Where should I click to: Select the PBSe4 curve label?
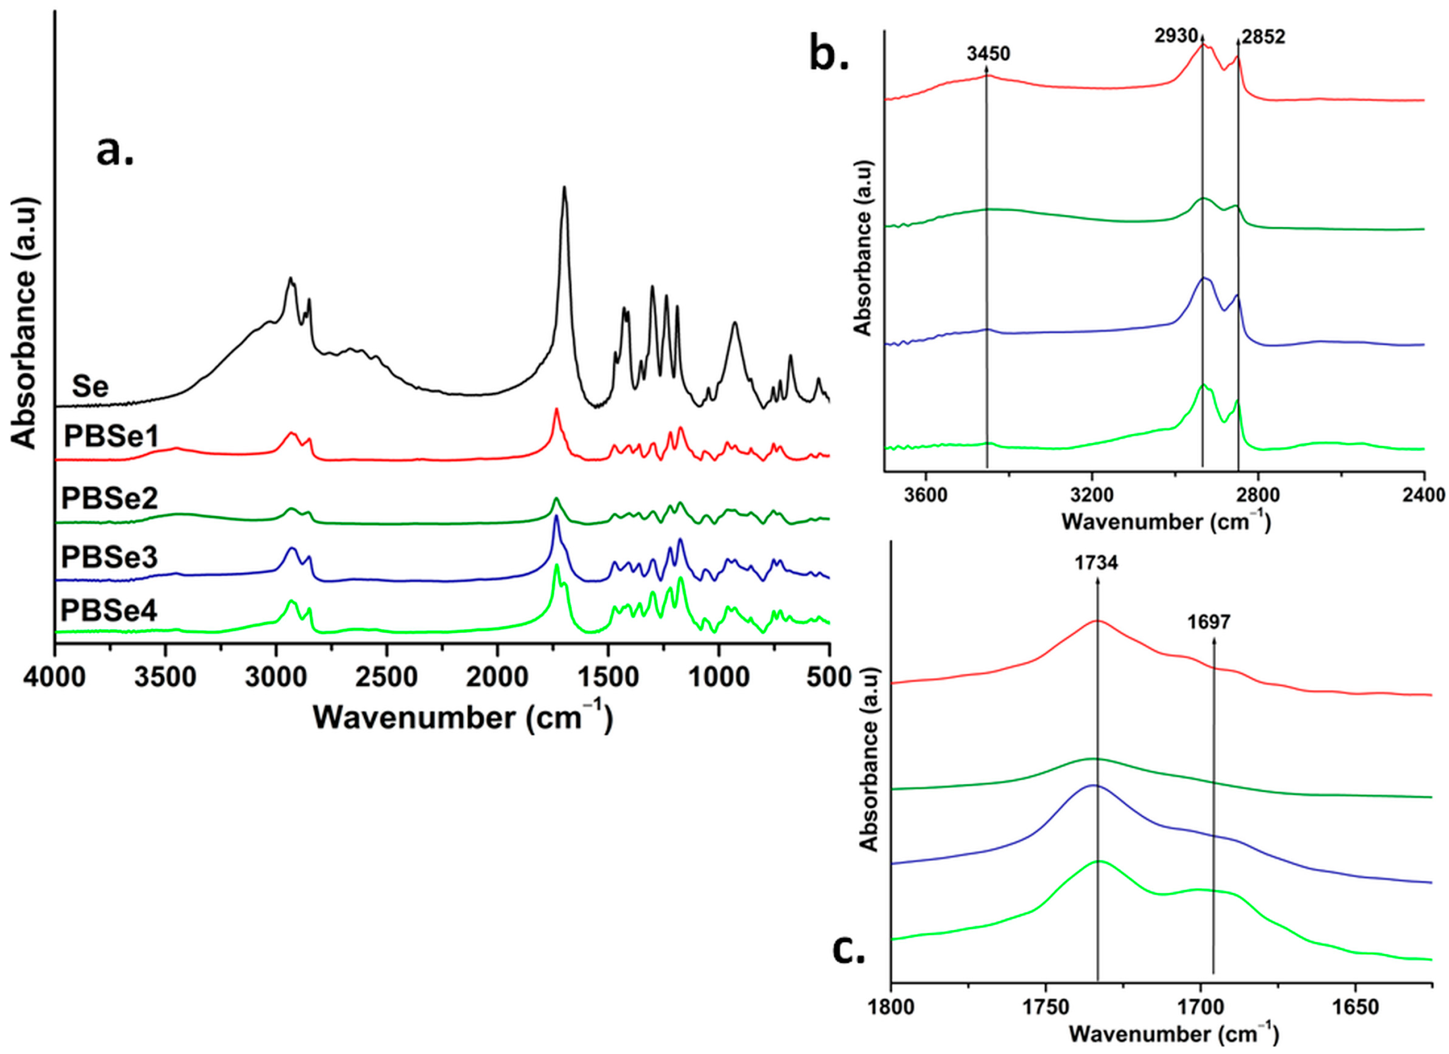(109, 611)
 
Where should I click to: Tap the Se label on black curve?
(90, 386)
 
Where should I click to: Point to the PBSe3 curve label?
(109, 557)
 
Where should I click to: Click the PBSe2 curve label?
(109, 498)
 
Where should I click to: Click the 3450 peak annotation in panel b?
(988, 54)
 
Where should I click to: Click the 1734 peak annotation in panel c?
(1097, 563)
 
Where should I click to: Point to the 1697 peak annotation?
(1209, 621)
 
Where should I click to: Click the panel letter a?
(115, 152)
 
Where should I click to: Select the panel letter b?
(829, 54)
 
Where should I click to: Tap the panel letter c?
(849, 951)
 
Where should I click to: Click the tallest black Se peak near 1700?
(564, 188)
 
